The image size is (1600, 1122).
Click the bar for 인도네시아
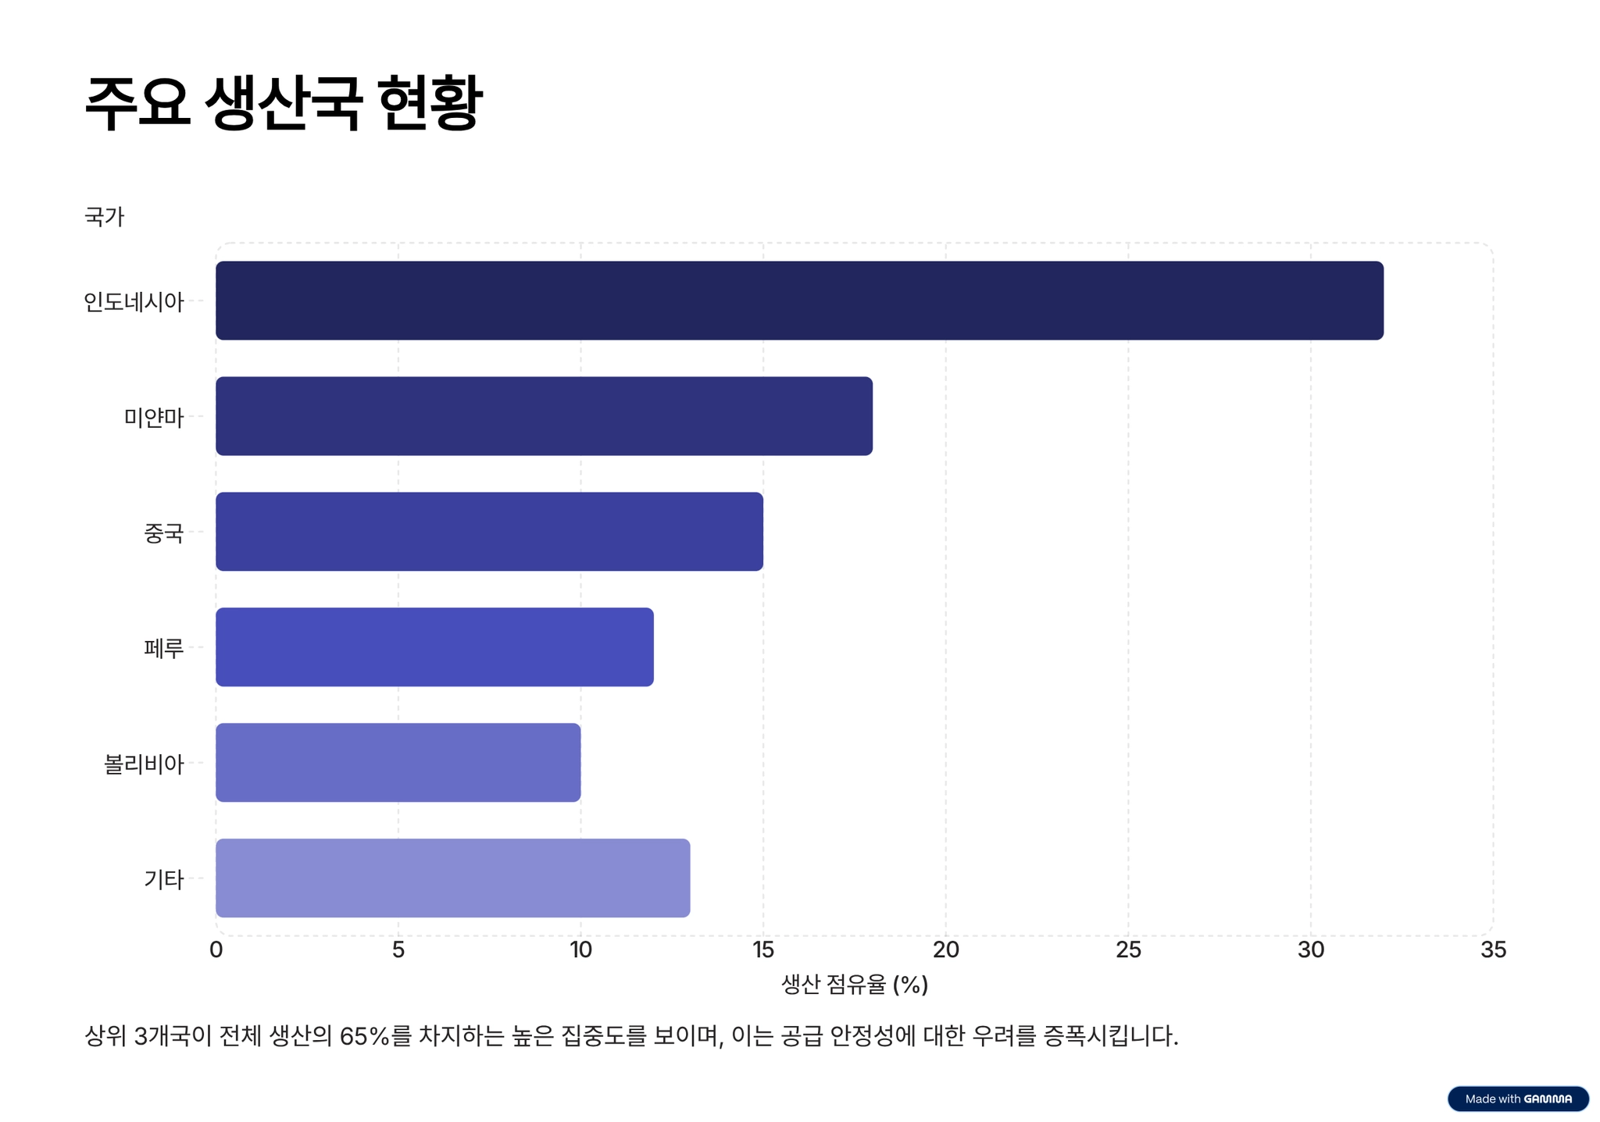coord(798,301)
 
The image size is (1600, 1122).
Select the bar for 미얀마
coord(544,416)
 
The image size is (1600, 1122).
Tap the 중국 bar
coord(489,532)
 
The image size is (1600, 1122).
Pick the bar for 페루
coord(434,647)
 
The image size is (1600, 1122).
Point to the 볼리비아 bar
coord(398,763)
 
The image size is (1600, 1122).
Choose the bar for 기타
coord(452,878)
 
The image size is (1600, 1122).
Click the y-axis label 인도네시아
coord(134,301)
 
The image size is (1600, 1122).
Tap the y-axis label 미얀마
coord(154,417)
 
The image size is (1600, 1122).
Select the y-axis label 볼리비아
coord(144,764)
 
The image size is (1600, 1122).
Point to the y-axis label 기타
coord(164,879)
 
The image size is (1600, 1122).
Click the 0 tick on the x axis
coord(216,949)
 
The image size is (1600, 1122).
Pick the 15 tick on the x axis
coord(762,949)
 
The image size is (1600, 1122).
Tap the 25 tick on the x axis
coord(1128,949)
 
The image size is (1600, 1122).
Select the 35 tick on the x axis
coord(1493,949)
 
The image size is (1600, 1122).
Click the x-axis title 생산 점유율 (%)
coord(855,985)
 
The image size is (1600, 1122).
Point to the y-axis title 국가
coord(104,216)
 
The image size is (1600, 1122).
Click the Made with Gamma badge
coord(1517,1099)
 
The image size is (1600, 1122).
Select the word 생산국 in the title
coord(283,103)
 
